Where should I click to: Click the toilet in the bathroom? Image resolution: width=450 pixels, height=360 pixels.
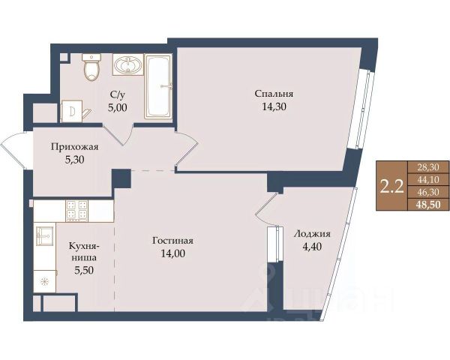click(x=91, y=67)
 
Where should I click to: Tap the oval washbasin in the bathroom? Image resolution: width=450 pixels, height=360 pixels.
click(x=127, y=65)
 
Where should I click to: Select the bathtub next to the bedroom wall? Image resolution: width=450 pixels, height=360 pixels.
click(x=159, y=86)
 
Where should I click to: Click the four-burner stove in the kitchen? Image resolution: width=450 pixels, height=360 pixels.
click(x=77, y=211)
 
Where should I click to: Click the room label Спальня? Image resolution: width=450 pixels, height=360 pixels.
click(x=274, y=94)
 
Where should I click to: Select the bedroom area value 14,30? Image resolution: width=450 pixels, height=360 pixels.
click(x=274, y=106)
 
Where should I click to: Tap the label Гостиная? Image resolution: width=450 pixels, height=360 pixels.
click(x=172, y=241)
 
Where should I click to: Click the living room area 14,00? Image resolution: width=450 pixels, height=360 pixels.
click(x=172, y=253)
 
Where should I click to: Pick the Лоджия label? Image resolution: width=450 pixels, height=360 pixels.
click(x=312, y=234)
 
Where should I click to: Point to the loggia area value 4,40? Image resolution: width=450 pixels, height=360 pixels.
click(x=312, y=247)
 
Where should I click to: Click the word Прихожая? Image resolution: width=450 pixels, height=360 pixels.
click(x=74, y=147)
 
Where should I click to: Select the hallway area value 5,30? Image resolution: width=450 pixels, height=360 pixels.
click(x=74, y=160)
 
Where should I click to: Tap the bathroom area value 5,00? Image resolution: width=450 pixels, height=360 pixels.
click(x=118, y=107)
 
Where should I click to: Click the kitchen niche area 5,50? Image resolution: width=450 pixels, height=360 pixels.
click(x=84, y=270)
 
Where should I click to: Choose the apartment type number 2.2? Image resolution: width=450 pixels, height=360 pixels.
click(x=391, y=186)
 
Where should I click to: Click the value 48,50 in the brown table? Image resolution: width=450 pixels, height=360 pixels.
click(x=429, y=205)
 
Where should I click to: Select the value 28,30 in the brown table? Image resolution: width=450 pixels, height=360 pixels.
click(x=429, y=167)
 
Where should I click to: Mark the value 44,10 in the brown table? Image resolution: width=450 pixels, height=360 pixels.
click(x=429, y=180)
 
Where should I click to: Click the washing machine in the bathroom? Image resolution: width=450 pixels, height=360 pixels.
click(x=72, y=111)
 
